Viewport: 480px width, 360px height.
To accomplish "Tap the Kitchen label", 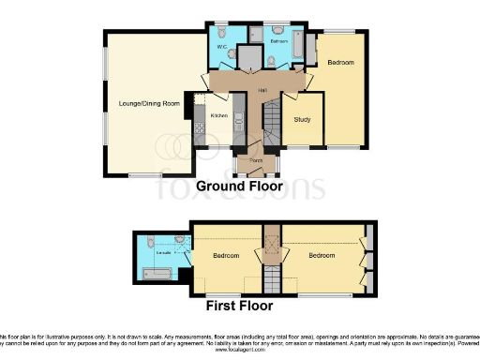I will coord(218,115).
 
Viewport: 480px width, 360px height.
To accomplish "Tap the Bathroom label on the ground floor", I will coord(278,43).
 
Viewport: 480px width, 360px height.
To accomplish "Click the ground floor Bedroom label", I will coord(340,63).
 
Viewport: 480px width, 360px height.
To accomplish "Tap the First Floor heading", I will coord(239,306).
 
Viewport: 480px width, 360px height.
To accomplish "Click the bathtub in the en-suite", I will coord(154,275).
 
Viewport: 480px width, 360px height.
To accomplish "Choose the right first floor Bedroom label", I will coord(322,255).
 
